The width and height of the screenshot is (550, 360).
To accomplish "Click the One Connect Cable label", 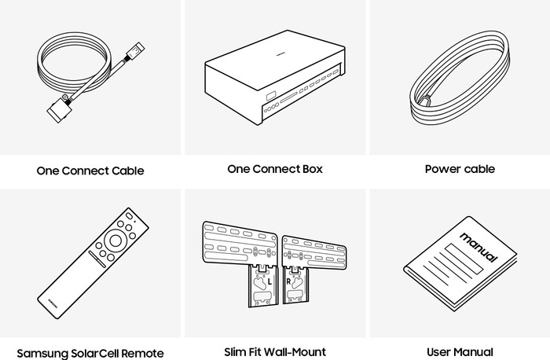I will coord(90,171).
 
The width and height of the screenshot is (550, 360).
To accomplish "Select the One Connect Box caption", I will coord(275,169).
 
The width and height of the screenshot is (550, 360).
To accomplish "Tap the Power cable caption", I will coord(460,169).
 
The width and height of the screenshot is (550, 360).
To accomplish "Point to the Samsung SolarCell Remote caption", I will coord(90,353).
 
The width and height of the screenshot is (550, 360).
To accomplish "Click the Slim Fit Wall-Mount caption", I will coord(275,352).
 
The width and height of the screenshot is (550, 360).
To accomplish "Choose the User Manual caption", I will coord(460,352).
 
